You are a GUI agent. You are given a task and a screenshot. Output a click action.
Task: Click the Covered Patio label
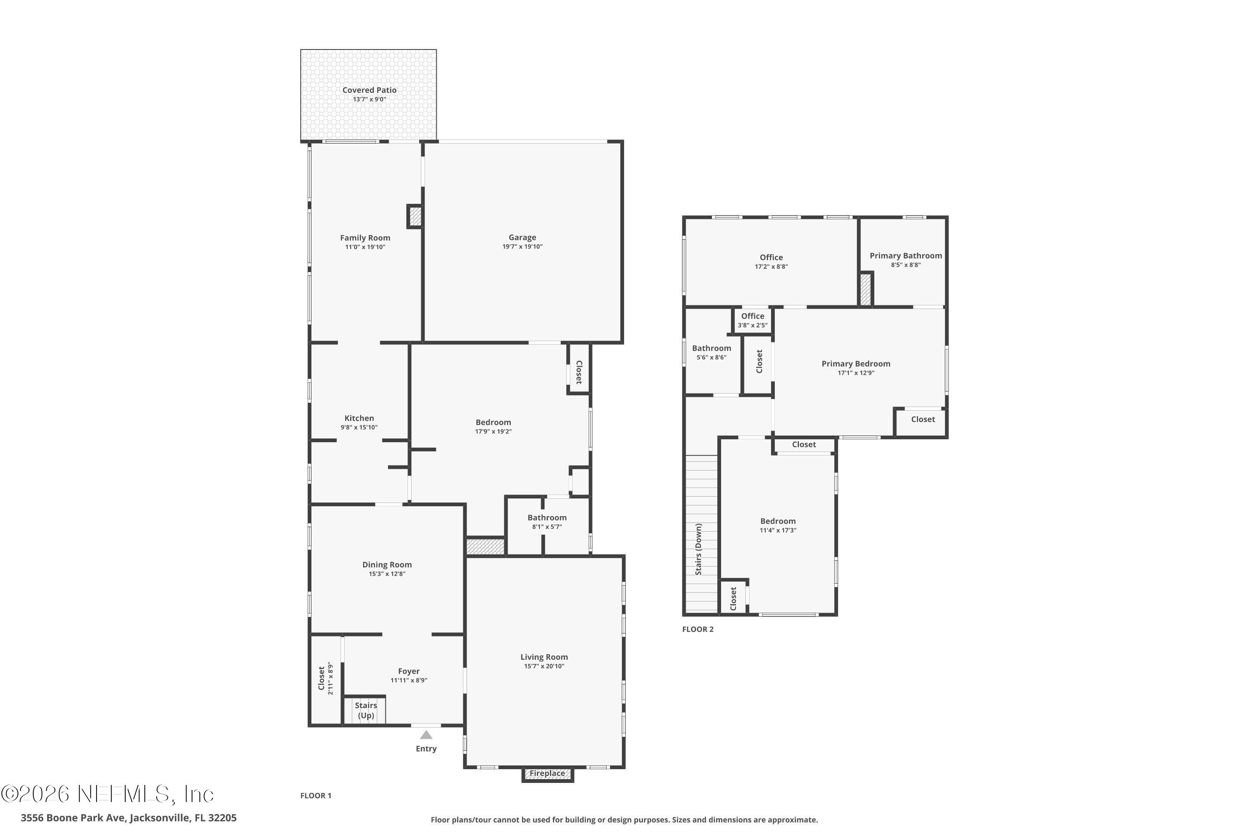click(369, 90)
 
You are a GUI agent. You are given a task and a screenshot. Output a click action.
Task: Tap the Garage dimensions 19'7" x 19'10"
click(522, 247)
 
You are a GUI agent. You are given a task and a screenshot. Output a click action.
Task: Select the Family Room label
click(365, 238)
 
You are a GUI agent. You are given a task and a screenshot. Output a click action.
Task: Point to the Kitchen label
click(359, 418)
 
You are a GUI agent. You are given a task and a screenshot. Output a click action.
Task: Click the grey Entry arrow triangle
click(426, 735)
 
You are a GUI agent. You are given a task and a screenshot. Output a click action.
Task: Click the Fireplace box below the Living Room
click(547, 774)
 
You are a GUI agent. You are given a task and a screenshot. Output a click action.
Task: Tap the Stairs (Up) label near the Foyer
click(366, 710)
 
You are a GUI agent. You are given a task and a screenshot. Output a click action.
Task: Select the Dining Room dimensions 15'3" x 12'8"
click(387, 574)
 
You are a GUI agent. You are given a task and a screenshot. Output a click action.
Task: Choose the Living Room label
click(544, 657)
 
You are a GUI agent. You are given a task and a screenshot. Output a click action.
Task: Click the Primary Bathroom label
click(906, 256)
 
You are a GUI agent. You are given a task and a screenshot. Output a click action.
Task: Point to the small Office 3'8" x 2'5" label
click(752, 320)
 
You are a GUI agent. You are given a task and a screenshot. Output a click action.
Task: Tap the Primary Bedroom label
click(856, 364)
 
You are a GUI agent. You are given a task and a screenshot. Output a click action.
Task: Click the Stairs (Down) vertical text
click(698, 549)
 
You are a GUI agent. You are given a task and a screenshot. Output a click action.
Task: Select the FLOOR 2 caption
click(697, 629)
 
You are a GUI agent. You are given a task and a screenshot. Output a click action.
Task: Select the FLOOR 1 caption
click(316, 795)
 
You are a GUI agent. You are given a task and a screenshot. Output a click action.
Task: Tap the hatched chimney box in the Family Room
click(415, 216)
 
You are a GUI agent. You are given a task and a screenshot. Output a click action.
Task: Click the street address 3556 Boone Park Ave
click(129, 818)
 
